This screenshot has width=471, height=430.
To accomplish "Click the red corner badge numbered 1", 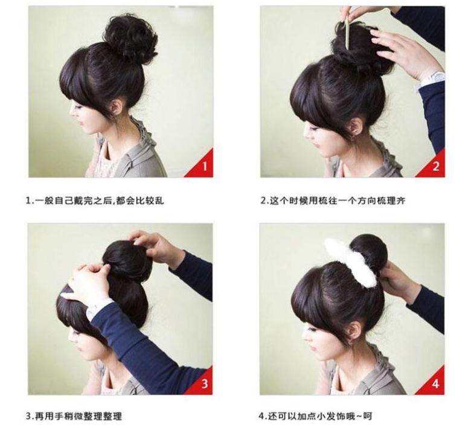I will point(203,166).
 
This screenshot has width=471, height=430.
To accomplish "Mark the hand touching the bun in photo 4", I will point(396,281).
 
